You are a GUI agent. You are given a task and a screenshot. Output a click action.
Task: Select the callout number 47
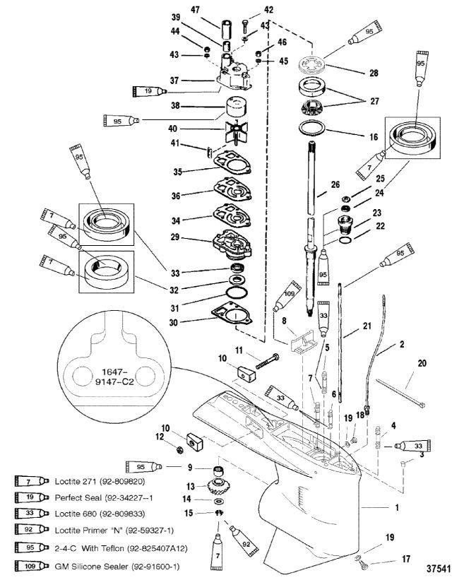tap(196, 10)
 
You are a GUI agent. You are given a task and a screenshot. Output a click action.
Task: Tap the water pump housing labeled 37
tap(234, 76)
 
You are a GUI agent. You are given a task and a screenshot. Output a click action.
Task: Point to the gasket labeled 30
tap(232, 315)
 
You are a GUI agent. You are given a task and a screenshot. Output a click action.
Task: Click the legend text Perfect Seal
tap(78, 497)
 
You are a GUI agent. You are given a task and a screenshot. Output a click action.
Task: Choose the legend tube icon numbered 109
tap(32, 566)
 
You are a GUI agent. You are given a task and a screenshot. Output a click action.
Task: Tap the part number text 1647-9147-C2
tap(114, 377)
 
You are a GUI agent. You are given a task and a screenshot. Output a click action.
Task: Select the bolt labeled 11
tap(267, 361)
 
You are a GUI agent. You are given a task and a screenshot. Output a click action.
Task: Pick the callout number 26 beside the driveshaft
tap(335, 184)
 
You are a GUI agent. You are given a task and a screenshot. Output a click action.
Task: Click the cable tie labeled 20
tap(400, 393)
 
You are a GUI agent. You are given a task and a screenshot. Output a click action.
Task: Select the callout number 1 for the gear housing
tap(397, 507)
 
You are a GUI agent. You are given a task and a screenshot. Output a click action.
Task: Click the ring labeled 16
tap(312, 128)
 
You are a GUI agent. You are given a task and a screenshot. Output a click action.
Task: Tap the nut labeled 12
tap(180, 450)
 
